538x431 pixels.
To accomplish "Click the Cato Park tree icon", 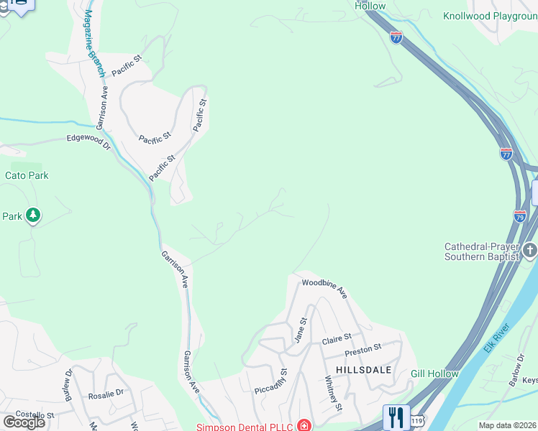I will tap(32, 215).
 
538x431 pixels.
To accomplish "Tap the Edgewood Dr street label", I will tap(88, 142).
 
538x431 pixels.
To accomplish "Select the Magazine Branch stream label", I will tap(94, 44).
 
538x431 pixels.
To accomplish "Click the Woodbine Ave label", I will tap(324, 289).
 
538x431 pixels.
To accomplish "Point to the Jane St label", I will tap(301, 330).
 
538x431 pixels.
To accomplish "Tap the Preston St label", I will tap(363, 349).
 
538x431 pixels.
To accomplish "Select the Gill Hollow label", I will tap(434, 374).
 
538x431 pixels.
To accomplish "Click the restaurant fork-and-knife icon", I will tap(396, 417).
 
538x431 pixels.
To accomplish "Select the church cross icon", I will tap(531, 251).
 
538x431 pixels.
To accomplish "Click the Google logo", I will tap(24, 422).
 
